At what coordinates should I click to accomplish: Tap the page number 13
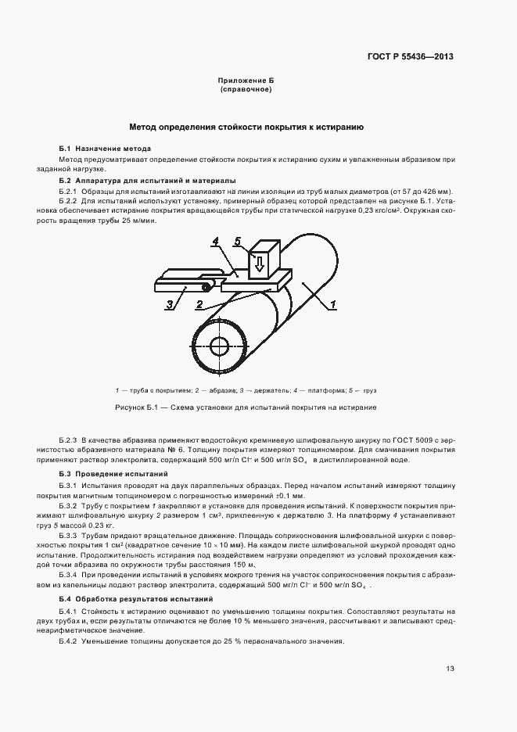point(450,668)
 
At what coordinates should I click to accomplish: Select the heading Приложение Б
point(245,81)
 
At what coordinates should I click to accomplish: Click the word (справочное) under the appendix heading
point(245,89)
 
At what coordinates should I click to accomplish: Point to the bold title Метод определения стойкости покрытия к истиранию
point(246,126)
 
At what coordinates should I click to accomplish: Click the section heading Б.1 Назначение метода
point(105,149)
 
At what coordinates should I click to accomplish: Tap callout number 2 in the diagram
point(199,303)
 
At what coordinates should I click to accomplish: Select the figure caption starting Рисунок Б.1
point(246,407)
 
